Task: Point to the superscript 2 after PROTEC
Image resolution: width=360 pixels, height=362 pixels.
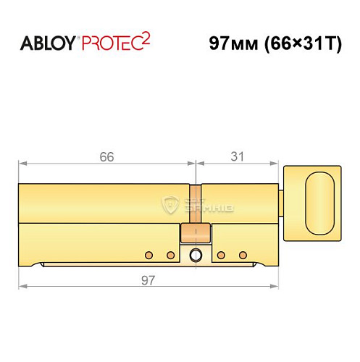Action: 146,38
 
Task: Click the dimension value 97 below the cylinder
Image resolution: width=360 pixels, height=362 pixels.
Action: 148,279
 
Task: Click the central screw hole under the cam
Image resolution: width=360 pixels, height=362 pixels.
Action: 194,256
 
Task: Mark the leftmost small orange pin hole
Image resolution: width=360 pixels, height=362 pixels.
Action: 148,256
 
